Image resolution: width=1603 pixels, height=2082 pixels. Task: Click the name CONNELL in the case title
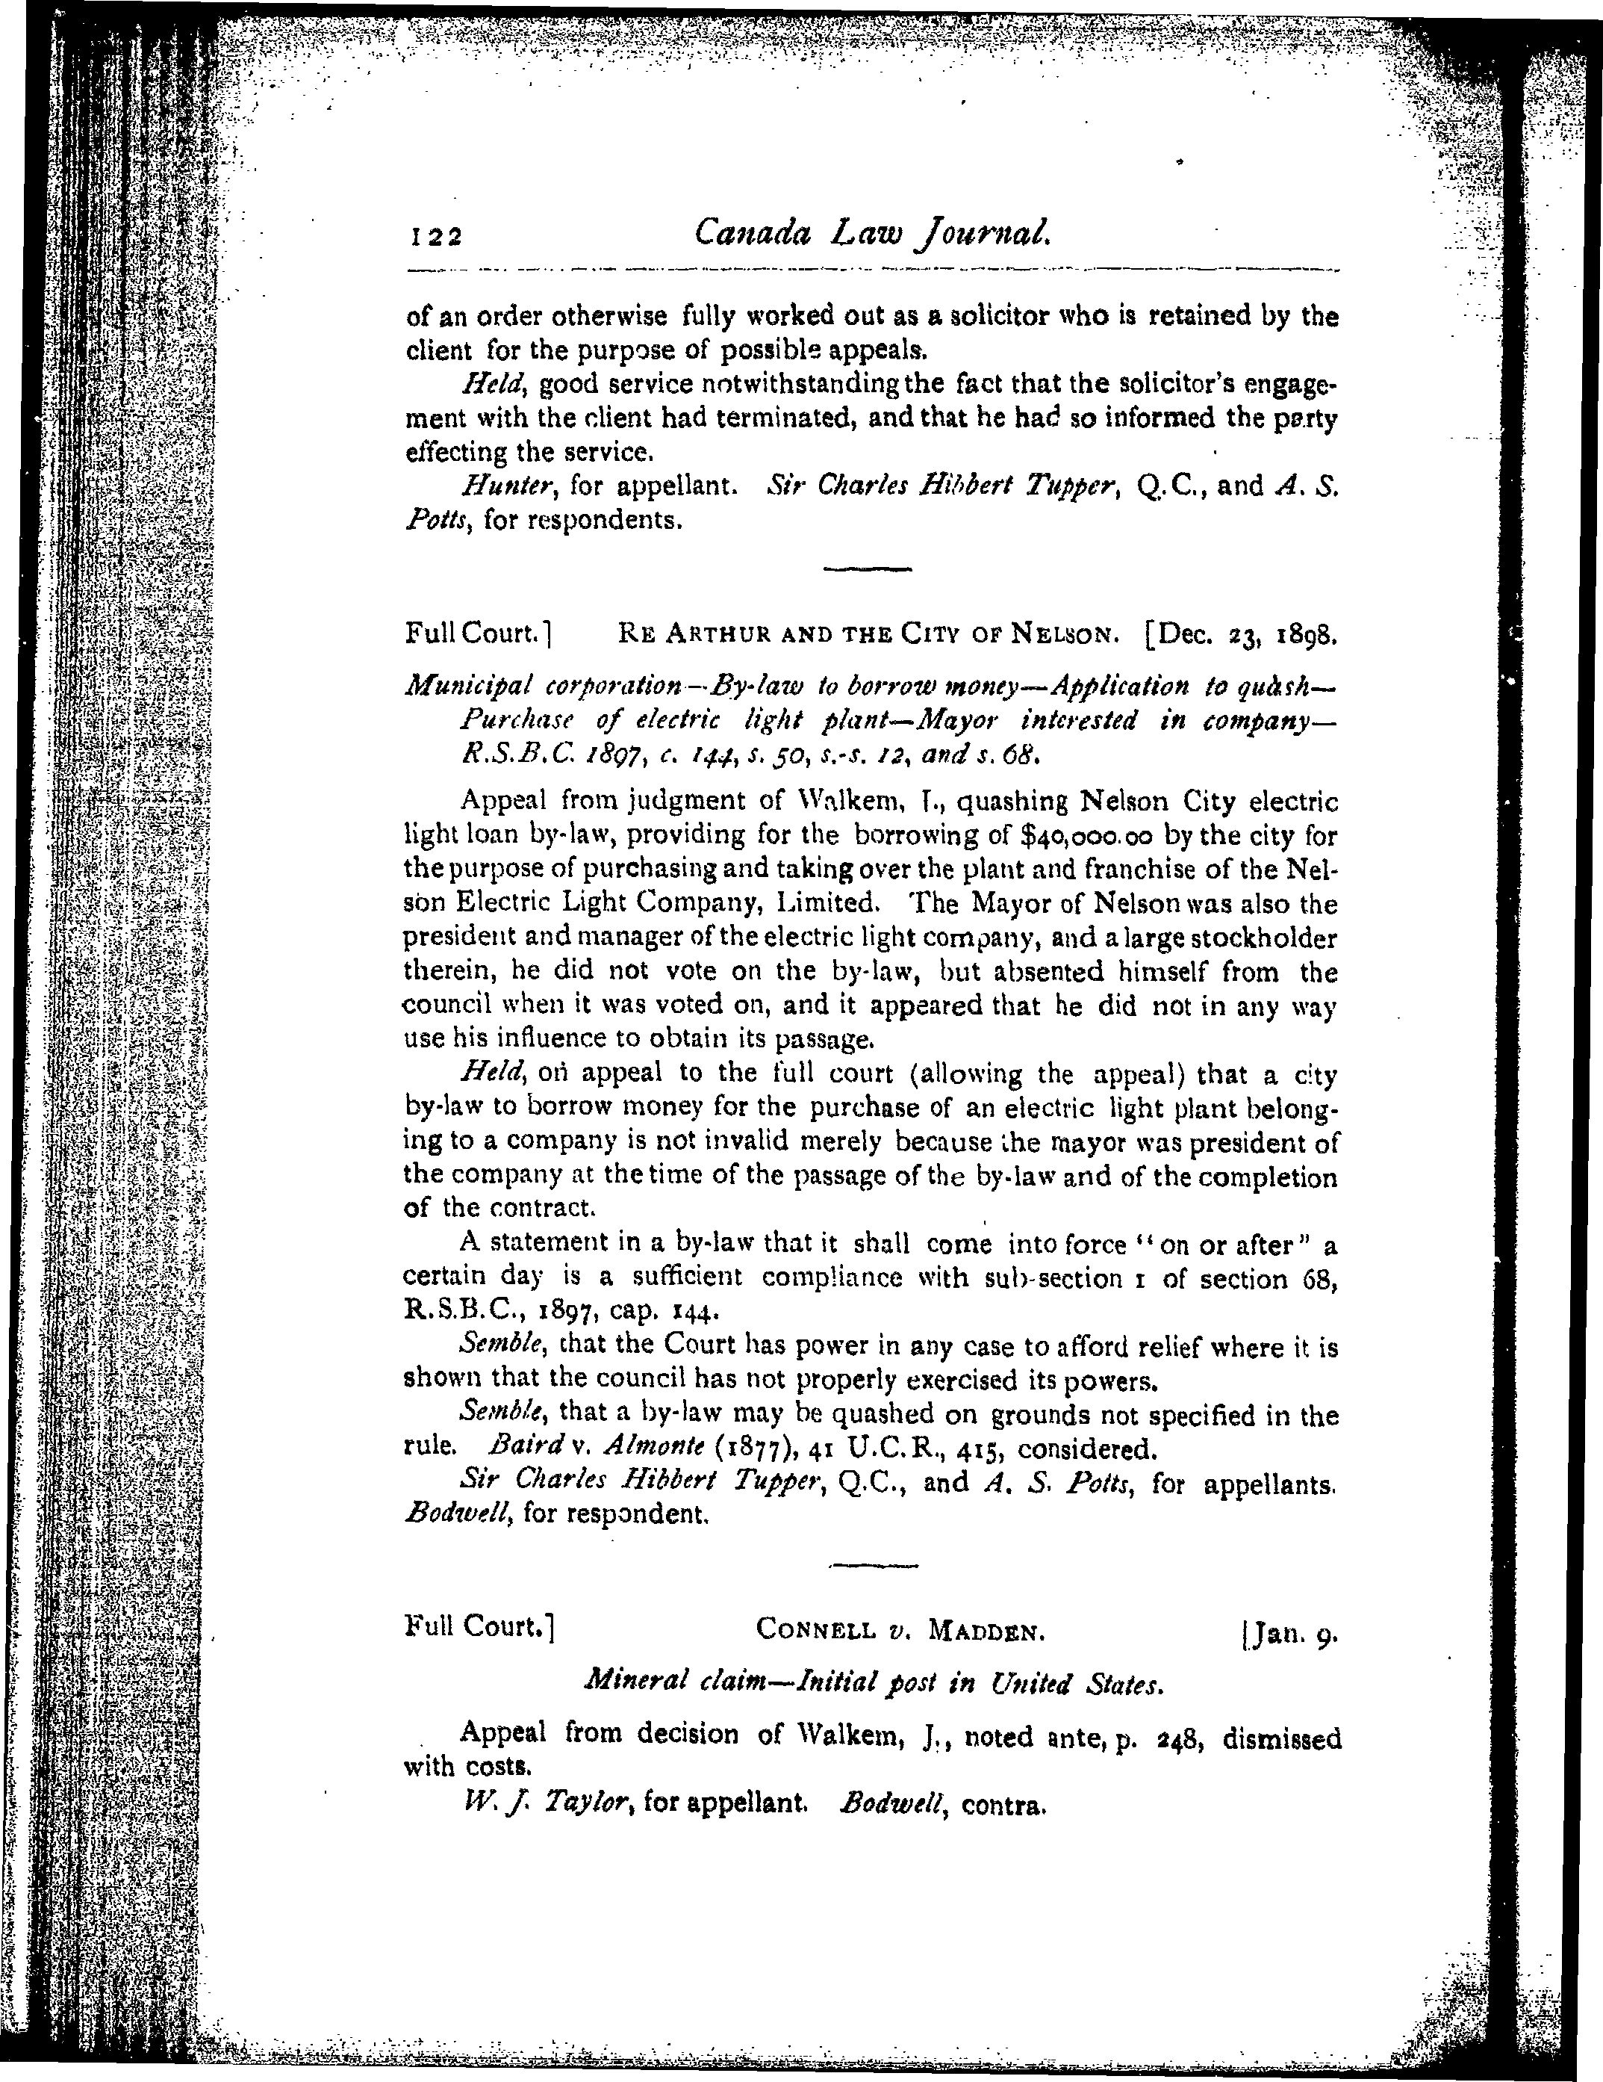click(x=816, y=1630)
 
